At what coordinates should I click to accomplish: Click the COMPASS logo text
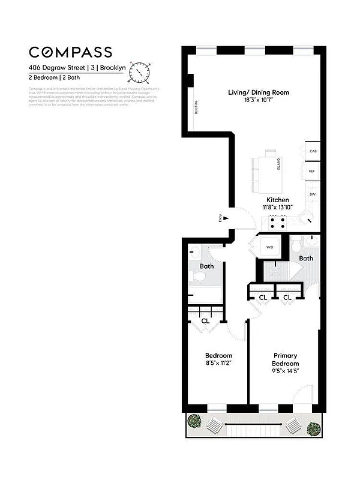[70, 52]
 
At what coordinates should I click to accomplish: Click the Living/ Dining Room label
[259, 92]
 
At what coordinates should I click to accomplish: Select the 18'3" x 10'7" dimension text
[259, 101]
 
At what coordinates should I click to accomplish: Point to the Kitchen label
[278, 200]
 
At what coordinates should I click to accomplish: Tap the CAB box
[313, 151]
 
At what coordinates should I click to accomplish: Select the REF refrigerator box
[312, 171]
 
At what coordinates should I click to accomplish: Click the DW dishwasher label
[313, 194]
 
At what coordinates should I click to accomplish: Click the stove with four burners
[277, 223]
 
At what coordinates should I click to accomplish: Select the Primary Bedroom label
[286, 359]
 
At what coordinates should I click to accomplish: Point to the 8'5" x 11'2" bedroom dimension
[218, 362]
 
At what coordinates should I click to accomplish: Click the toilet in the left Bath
[197, 277]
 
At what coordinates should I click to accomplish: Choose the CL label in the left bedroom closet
[206, 321]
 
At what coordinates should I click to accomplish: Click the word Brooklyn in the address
[113, 68]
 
